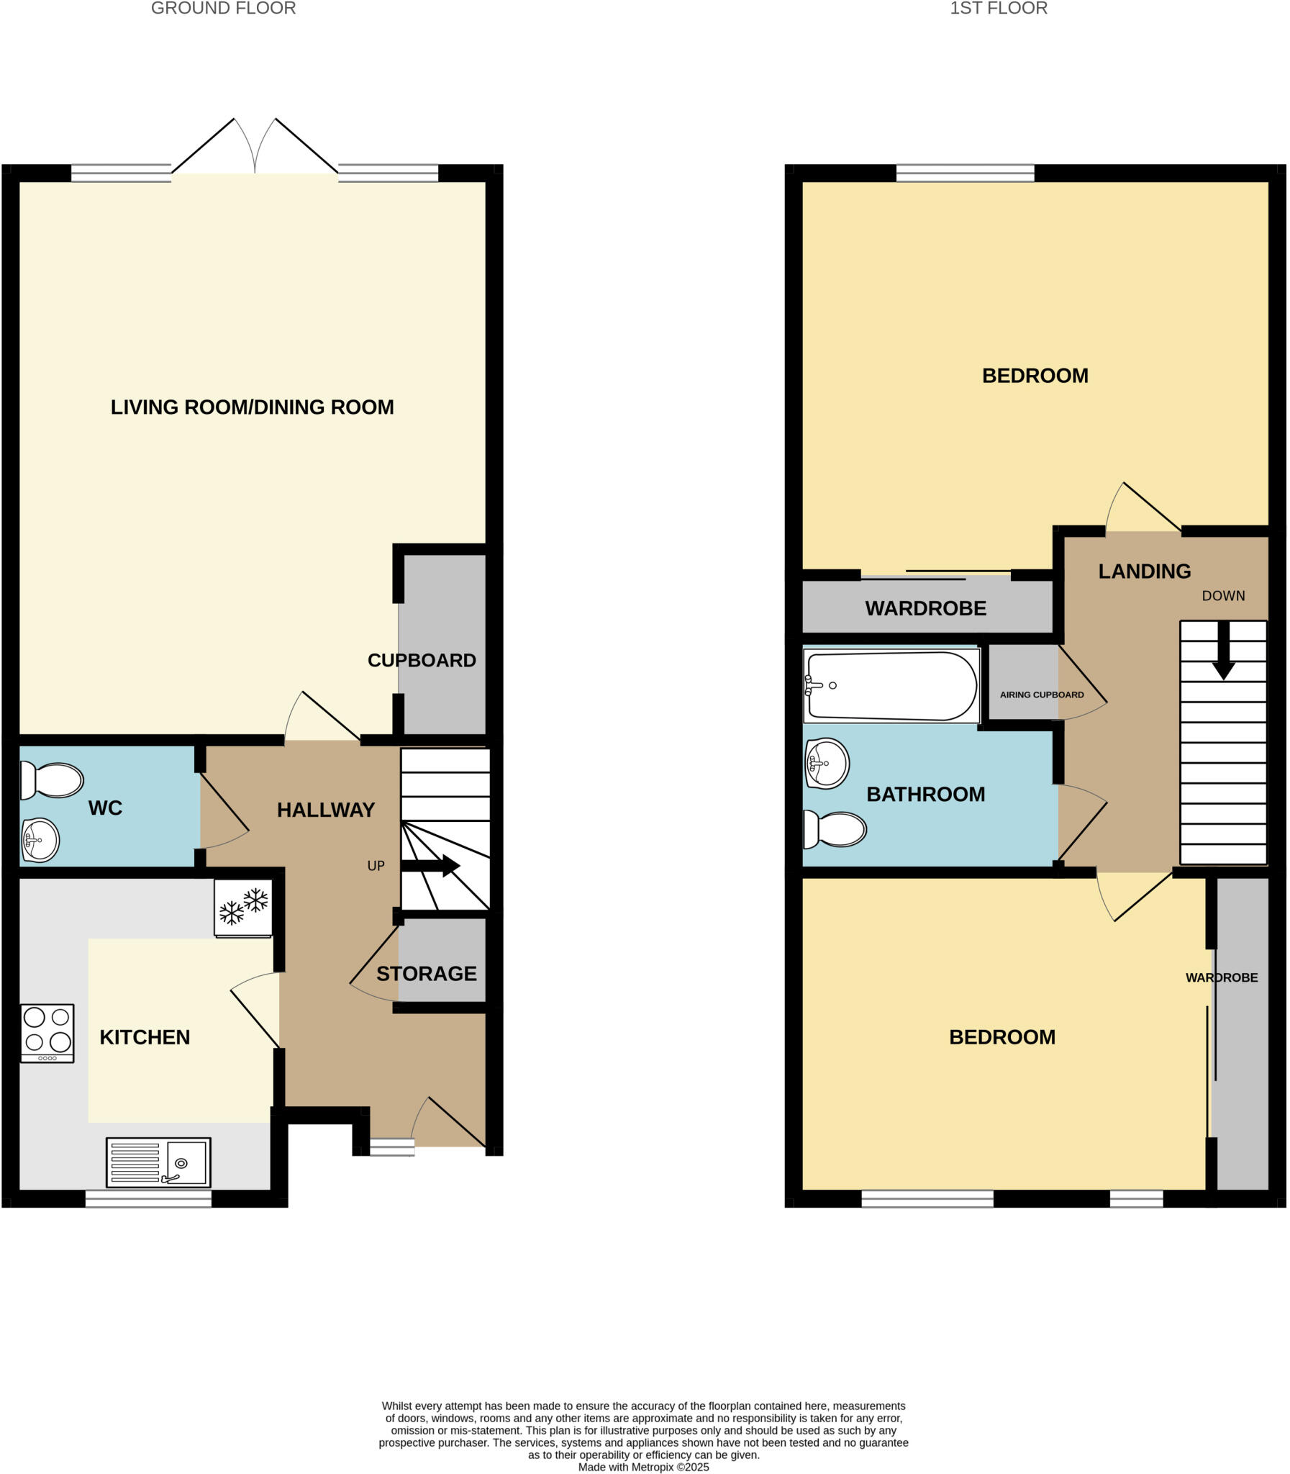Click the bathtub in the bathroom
[x=891, y=685]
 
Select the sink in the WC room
[x=40, y=840]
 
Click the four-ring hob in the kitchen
[x=47, y=1033]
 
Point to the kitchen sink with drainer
[x=158, y=1162]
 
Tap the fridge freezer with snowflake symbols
[x=243, y=908]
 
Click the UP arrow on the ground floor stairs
[x=430, y=866]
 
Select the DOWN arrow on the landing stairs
[x=1223, y=651]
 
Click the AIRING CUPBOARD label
[x=1041, y=695]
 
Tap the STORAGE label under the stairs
[x=426, y=974]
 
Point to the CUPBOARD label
[x=422, y=660]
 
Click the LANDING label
[x=1144, y=571]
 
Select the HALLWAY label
[x=326, y=810]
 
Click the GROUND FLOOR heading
[x=223, y=9]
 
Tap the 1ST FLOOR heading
[x=999, y=9]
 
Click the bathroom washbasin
[x=827, y=764]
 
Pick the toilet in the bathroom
[x=835, y=830]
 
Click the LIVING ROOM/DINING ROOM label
[x=252, y=407]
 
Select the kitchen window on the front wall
[x=148, y=1198]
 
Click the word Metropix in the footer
[x=653, y=1467]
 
